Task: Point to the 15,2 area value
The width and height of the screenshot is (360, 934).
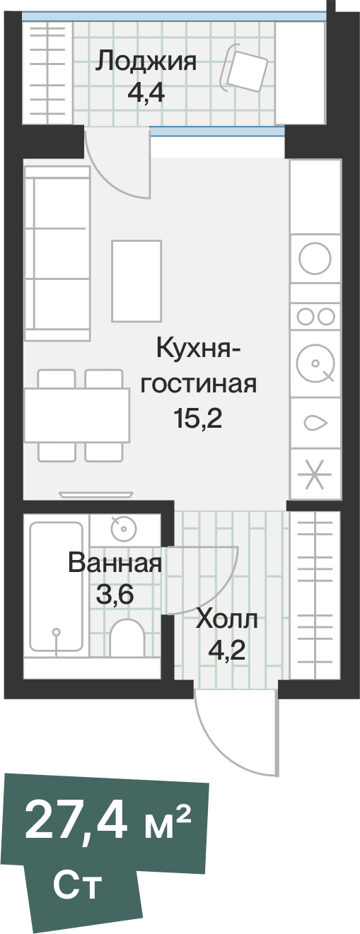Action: [x=198, y=419]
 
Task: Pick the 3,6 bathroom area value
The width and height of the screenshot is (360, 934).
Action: [x=115, y=595]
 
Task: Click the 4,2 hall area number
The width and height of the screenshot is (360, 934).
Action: [x=226, y=649]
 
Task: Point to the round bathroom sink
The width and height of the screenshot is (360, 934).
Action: [x=123, y=527]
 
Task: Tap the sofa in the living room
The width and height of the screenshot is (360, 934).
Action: [x=57, y=251]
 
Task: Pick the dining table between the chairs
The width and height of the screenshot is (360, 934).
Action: [x=76, y=414]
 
